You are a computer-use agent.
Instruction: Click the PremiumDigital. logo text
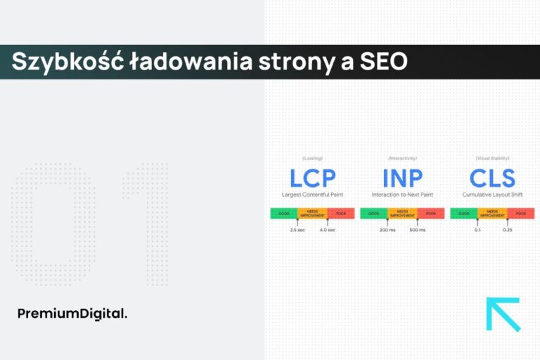[x=72, y=314]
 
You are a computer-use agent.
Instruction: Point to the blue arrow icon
[x=503, y=314]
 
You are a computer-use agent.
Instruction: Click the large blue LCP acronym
[x=312, y=178]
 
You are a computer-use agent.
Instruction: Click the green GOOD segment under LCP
[x=283, y=213]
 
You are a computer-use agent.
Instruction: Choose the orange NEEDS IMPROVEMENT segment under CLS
[x=491, y=213]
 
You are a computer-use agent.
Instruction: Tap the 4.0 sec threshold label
[x=328, y=230]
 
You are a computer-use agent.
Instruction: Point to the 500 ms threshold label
[x=418, y=230]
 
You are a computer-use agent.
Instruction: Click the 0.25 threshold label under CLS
[x=508, y=230]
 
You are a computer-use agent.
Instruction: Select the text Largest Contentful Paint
[x=312, y=194]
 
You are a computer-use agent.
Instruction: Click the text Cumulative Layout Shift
[x=491, y=194]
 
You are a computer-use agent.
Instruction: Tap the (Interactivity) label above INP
[x=401, y=158]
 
